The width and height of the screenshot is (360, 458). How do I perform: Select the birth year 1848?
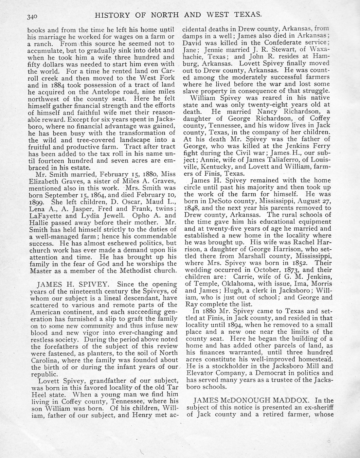click(190, 208)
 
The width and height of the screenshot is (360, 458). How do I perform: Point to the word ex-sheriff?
click(316, 407)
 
